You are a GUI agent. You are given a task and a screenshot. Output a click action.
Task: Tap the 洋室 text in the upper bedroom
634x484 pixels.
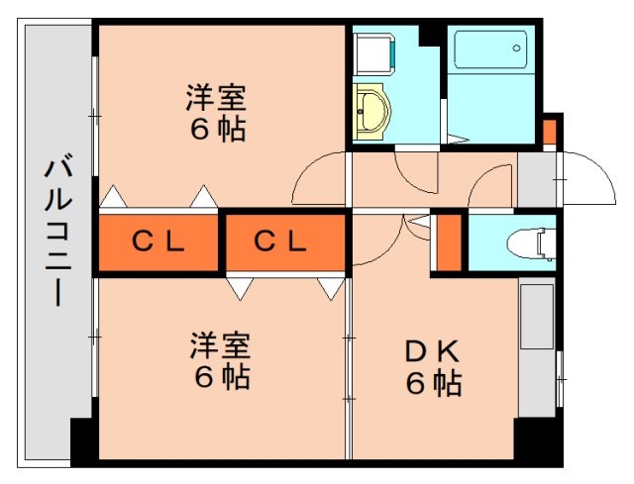coord(216,99)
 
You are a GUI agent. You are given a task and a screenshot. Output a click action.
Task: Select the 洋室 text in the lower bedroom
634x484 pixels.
coord(220,346)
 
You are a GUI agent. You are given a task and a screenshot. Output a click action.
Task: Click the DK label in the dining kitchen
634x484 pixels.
coord(432,352)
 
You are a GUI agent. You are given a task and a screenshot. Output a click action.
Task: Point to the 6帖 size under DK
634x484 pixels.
coord(433,383)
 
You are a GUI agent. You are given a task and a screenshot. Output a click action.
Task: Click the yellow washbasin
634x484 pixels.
coord(371,108)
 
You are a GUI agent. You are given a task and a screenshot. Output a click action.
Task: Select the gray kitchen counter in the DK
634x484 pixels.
coord(537,346)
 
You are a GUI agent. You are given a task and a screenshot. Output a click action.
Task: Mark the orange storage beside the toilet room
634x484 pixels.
coord(449,242)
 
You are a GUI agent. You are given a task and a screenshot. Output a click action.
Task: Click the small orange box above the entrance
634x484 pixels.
coord(550,132)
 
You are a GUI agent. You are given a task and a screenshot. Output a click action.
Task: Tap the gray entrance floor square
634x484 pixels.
coord(538,180)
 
